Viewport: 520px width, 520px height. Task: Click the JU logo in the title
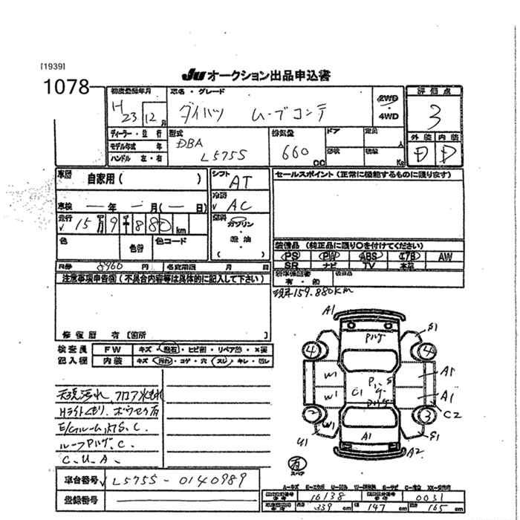192,76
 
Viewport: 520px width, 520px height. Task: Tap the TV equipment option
369,264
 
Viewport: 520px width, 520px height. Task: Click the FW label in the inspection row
111,348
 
